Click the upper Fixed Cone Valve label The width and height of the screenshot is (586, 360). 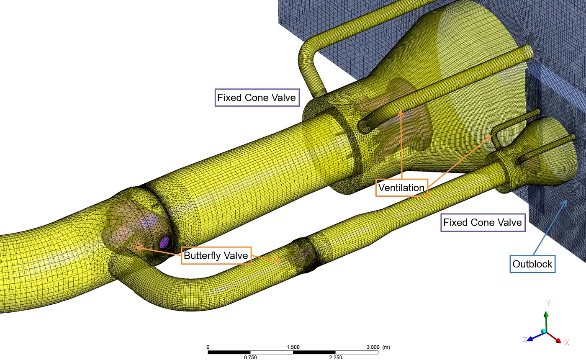tap(257, 98)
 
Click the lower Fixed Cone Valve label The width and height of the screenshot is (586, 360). tap(483, 222)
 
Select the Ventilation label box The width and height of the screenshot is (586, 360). tap(401, 188)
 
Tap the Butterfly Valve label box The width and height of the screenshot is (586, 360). tap(216, 255)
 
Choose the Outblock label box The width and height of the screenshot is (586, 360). tap(532, 264)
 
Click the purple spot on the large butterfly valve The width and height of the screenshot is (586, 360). tap(164, 242)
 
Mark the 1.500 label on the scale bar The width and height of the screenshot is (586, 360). tap(293, 347)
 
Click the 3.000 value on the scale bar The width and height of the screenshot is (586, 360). tap(373, 347)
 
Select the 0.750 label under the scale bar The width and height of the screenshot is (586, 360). tap(250, 357)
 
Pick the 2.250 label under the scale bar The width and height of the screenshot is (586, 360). tap(336, 357)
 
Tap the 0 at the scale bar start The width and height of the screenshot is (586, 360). tap(208, 347)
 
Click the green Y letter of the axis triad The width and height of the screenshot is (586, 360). tap(548, 303)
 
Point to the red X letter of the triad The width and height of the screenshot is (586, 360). tap(567, 342)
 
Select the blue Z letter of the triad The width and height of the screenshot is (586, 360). tap(524, 339)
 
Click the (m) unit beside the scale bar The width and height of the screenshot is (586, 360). tap(386, 347)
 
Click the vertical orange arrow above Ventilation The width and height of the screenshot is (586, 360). tap(401, 145)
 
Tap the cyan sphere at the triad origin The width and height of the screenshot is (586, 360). tap(544, 332)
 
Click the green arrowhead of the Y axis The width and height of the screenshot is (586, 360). tap(546, 314)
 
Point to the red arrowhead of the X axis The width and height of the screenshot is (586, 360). tap(558, 340)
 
